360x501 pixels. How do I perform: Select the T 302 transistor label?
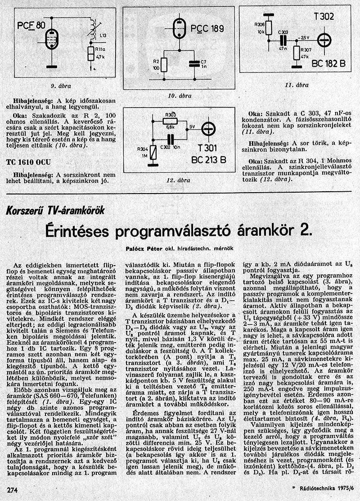click(324, 17)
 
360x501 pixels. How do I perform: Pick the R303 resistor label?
click(170, 114)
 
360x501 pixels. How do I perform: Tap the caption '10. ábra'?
click(180, 95)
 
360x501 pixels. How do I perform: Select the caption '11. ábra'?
click(297, 84)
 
